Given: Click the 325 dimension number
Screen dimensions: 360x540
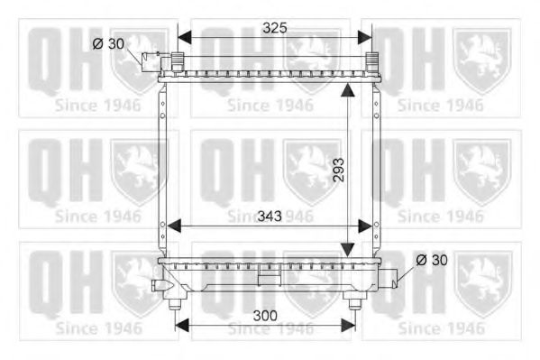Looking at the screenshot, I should click(274, 28).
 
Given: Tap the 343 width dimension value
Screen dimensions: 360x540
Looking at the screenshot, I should click(269, 217).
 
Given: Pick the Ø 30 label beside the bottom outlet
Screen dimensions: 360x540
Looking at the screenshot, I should click(432, 259).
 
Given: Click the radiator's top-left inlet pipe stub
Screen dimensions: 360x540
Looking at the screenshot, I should click(151, 61).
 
